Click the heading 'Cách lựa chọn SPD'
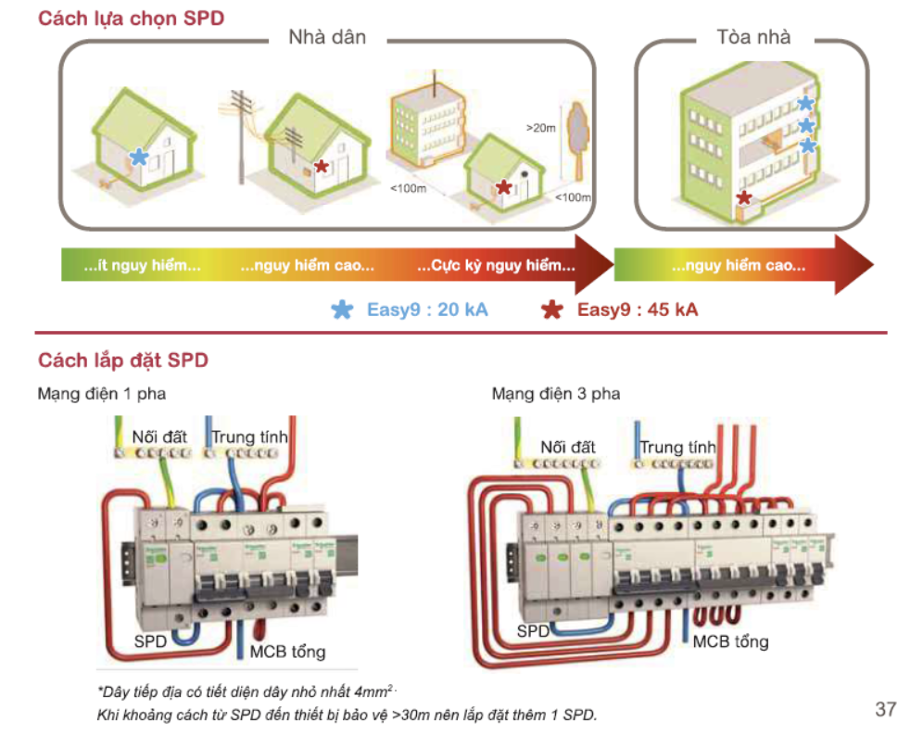(x=131, y=18)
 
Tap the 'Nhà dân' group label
(x=327, y=37)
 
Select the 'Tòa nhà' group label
(x=753, y=37)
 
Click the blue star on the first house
(x=139, y=157)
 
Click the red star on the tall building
(x=743, y=197)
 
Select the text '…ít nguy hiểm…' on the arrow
(x=142, y=266)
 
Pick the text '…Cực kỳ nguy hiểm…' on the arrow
(x=496, y=266)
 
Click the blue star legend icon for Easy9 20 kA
(x=342, y=310)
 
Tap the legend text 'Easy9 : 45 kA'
(x=638, y=310)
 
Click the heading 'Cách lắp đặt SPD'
(x=123, y=360)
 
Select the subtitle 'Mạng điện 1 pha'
(x=101, y=394)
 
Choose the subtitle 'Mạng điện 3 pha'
(x=556, y=394)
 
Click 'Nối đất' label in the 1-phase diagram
(x=159, y=436)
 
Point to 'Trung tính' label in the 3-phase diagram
(x=677, y=448)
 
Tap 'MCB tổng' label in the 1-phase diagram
(x=287, y=652)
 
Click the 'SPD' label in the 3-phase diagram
(x=533, y=632)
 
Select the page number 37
(x=885, y=709)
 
